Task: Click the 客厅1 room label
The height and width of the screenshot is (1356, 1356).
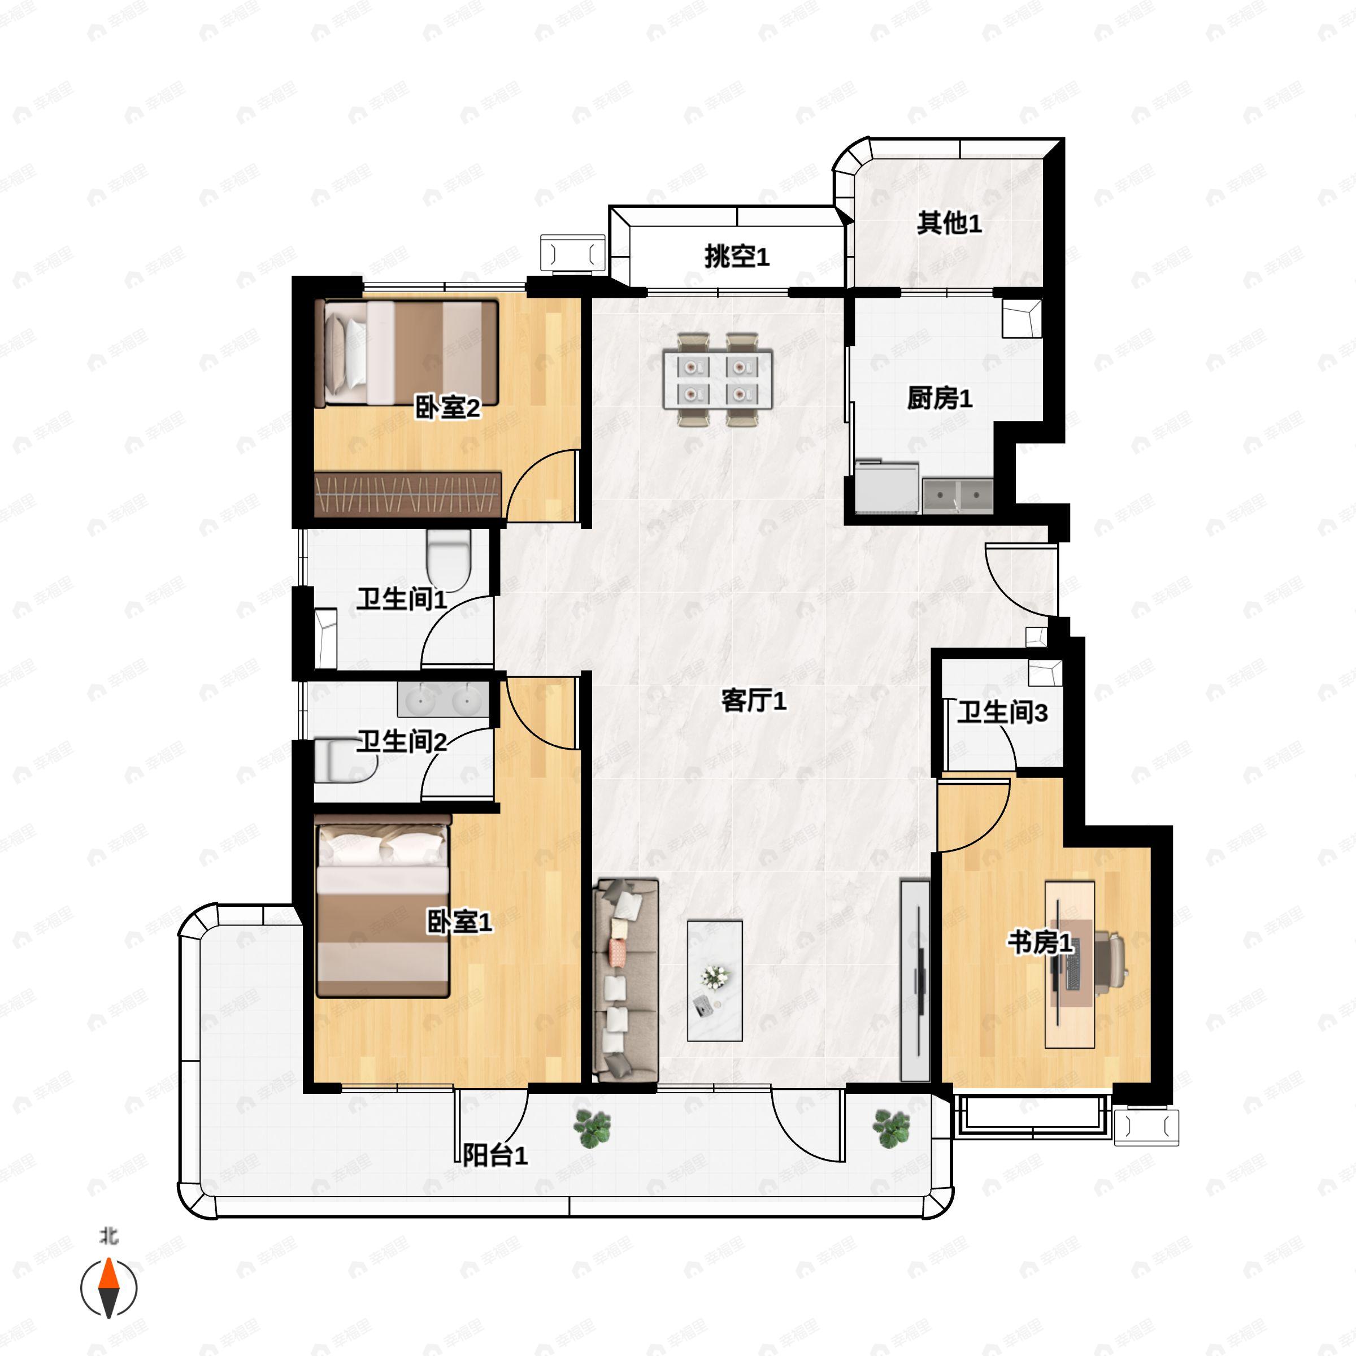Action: [x=754, y=700]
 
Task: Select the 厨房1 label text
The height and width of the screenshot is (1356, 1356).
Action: [x=940, y=398]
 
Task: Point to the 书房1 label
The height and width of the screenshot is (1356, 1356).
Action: [x=1040, y=942]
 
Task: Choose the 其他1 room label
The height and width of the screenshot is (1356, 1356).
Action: [x=949, y=223]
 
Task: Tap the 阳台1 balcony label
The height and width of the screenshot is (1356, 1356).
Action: [x=495, y=1154]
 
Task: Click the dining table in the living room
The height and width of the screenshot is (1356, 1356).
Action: [x=718, y=379]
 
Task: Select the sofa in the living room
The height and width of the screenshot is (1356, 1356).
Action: [x=625, y=980]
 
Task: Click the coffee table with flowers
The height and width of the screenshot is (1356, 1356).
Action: [x=715, y=980]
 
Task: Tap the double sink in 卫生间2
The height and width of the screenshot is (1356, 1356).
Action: [x=443, y=699]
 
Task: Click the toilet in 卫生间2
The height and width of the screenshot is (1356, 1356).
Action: [x=346, y=760]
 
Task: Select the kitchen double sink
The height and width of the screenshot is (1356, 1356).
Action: [x=957, y=496]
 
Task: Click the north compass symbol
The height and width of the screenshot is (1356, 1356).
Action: [x=109, y=1287]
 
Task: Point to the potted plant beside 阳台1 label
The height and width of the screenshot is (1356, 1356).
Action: [x=592, y=1129]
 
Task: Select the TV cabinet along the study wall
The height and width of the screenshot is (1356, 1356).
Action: [x=915, y=980]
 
